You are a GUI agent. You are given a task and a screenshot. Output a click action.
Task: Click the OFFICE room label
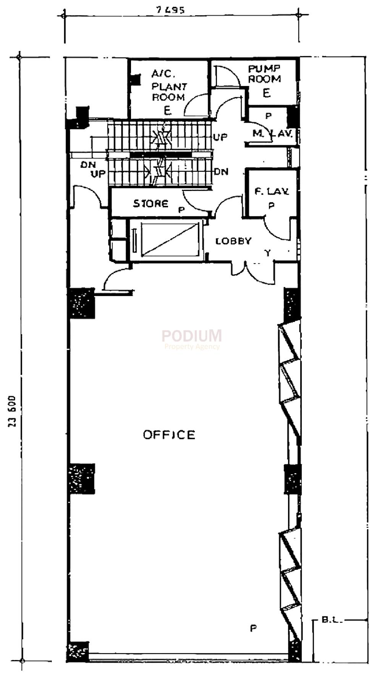point(169,435)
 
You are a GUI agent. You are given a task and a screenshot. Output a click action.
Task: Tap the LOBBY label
point(233,241)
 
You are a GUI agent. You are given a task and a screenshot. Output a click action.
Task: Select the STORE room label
point(151,204)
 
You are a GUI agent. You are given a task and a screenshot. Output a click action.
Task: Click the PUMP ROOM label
point(264,74)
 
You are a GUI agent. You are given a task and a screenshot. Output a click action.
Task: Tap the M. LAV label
point(272,134)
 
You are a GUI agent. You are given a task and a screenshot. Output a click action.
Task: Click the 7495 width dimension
point(171,10)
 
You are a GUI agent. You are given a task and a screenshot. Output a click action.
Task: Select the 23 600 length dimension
point(12,411)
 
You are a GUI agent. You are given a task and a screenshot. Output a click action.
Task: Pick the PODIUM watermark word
point(191,336)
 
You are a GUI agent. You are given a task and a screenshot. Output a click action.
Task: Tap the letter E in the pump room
point(267,93)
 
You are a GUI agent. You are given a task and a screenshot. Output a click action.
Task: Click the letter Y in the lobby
point(268,252)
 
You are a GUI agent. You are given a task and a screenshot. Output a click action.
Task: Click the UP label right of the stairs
point(220,137)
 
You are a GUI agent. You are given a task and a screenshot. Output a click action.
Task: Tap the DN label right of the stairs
point(221,172)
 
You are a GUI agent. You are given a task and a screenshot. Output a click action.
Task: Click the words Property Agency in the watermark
point(192,347)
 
